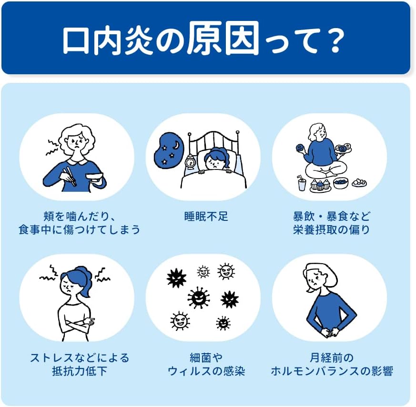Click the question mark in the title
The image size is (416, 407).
click(335, 41)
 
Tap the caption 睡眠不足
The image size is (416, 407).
click(206, 217)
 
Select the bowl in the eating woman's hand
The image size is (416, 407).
click(94, 177)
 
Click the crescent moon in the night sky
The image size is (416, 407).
click(176, 145)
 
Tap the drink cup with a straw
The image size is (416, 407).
click(301, 183)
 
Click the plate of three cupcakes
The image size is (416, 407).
click(321, 185)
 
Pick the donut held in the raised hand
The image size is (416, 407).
click(300, 147)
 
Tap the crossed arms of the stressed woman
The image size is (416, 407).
click(77, 325)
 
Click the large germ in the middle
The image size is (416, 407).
click(198, 298)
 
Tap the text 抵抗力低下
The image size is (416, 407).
click(80, 371)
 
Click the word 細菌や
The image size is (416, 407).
click(206, 357)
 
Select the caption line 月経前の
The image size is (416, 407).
click(332, 357)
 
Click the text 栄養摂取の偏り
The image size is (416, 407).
click(332, 230)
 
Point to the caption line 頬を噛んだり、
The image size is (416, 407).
click(80, 217)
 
